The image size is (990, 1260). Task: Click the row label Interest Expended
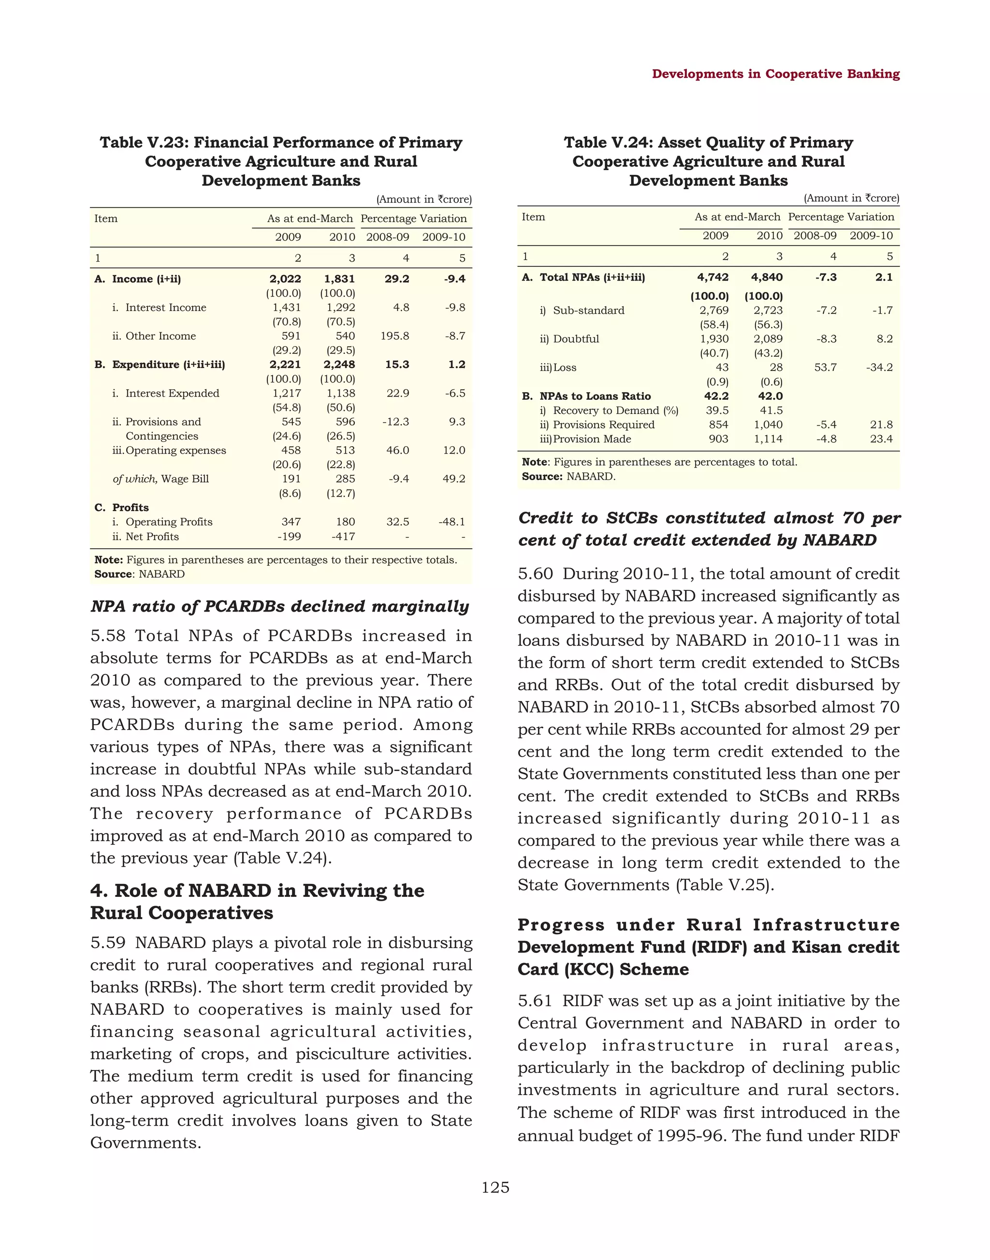point(172,393)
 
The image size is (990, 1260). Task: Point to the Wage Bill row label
point(160,479)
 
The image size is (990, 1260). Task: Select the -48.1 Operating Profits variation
point(451,522)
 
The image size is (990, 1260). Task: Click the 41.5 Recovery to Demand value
point(771,410)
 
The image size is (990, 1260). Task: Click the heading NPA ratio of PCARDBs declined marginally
point(279,606)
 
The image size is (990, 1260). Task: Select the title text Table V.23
point(142,143)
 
